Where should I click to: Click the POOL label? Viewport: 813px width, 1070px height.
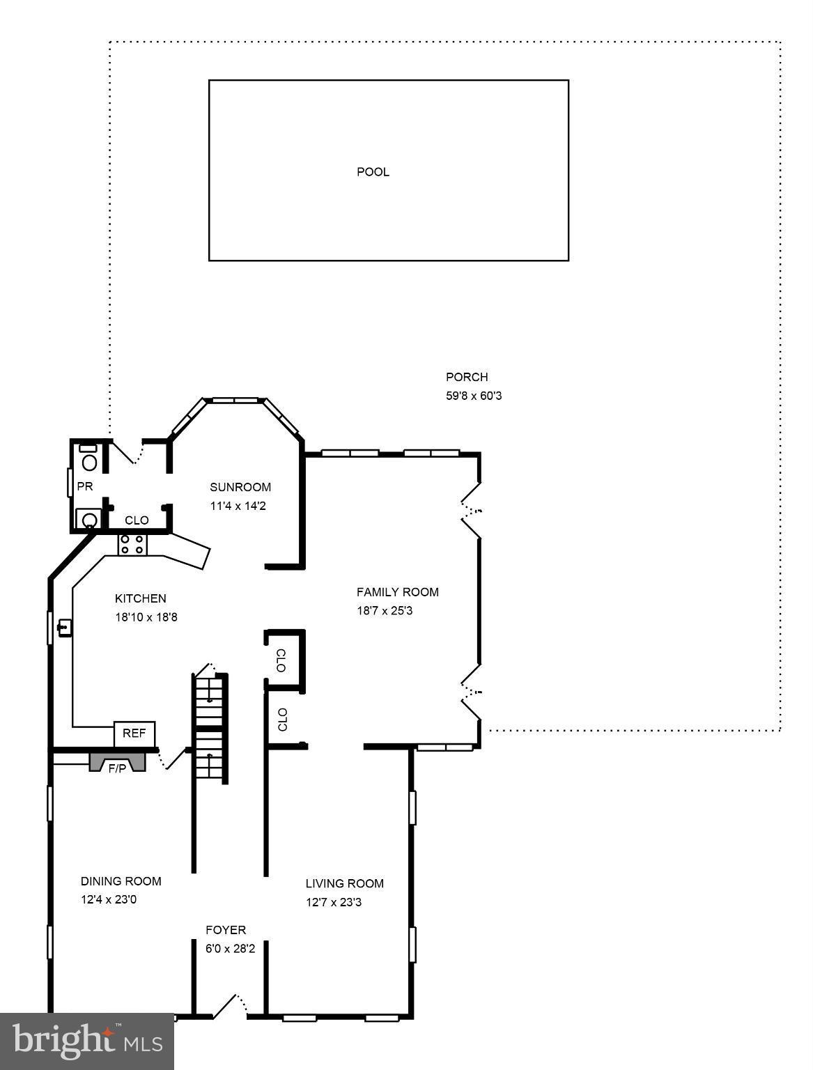coord(373,172)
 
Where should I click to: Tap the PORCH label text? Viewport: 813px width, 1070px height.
coord(467,377)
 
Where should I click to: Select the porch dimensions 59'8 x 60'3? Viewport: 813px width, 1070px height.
coord(474,396)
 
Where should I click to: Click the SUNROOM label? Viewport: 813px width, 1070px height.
coord(240,487)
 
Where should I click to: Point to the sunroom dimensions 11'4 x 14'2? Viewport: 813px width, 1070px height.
coord(238,506)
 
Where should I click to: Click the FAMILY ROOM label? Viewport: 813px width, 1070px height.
coord(397,592)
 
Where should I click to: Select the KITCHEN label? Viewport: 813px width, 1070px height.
coord(140,598)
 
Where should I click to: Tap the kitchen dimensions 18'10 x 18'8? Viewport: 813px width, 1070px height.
coord(146,617)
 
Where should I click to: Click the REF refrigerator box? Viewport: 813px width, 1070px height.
coord(134,733)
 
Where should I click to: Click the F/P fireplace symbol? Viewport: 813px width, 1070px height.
coord(117,763)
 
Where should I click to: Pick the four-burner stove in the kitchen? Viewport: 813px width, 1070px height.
coord(132,544)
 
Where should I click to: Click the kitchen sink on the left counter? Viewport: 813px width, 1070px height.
coord(64,628)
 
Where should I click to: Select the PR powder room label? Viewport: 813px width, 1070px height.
coord(85,486)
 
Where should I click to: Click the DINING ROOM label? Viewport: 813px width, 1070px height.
coord(121,881)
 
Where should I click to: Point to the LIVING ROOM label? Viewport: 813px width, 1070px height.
coord(344,883)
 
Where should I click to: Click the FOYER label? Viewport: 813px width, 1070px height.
coord(225,930)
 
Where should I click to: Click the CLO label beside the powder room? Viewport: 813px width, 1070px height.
coord(137,520)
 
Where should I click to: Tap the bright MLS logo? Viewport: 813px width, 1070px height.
coord(87,1041)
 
